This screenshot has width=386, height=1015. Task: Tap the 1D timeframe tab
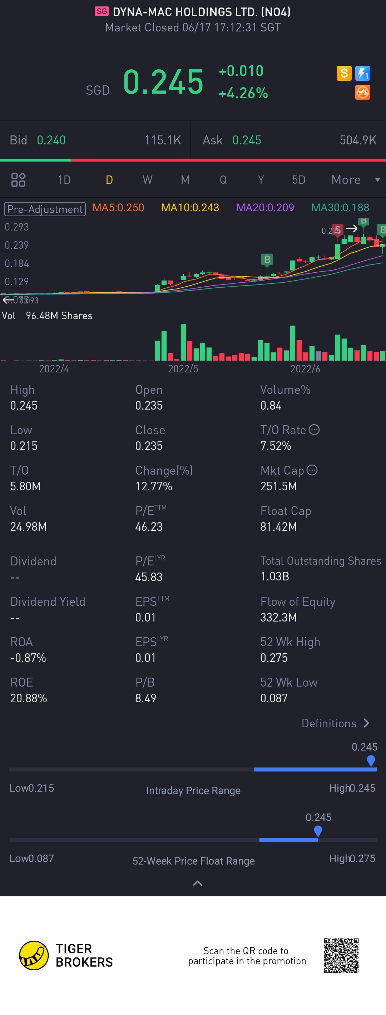click(x=64, y=180)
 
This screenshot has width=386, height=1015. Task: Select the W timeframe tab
click(x=147, y=180)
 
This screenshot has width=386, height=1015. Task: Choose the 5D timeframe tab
click(x=298, y=180)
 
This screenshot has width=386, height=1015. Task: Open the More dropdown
click(x=355, y=180)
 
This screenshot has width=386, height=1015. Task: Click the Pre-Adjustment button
click(x=45, y=209)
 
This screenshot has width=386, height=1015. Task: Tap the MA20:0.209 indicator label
click(x=265, y=208)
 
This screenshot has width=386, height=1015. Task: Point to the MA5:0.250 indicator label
click(x=118, y=208)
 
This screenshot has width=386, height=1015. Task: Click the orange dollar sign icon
click(x=343, y=73)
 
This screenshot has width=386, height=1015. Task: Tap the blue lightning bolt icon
click(x=362, y=73)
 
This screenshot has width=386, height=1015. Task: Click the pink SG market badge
click(x=102, y=11)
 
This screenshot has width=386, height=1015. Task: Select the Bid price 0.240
click(x=51, y=140)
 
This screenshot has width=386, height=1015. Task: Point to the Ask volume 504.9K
click(x=358, y=140)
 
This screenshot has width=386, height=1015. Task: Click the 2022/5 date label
click(x=183, y=369)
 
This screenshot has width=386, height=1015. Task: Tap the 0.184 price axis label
click(x=16, y=263)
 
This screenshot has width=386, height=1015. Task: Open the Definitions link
click(x=335, y=723)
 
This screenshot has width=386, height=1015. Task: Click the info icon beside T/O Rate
click(x=314, y=430)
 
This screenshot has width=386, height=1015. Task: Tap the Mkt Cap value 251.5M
click(x=278, y=486)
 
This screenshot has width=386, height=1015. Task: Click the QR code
click(x=341, y=956)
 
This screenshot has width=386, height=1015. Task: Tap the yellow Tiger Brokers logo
click(x=34, y=956)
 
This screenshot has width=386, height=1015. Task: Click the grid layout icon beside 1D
click(x=18, y=180)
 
